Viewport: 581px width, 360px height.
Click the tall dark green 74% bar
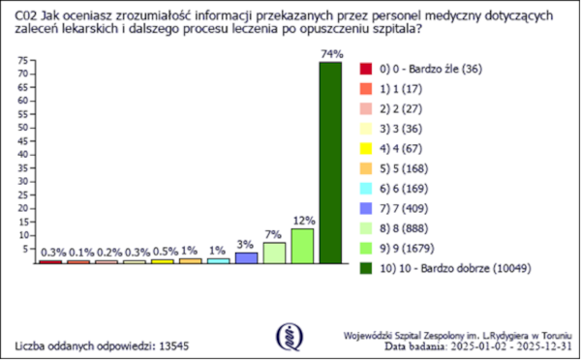tap(330, 163)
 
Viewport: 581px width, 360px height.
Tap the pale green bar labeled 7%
tap(274, 253)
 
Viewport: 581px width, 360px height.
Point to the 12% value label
tap(302, 221)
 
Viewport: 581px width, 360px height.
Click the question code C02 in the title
tap(28, 13)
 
